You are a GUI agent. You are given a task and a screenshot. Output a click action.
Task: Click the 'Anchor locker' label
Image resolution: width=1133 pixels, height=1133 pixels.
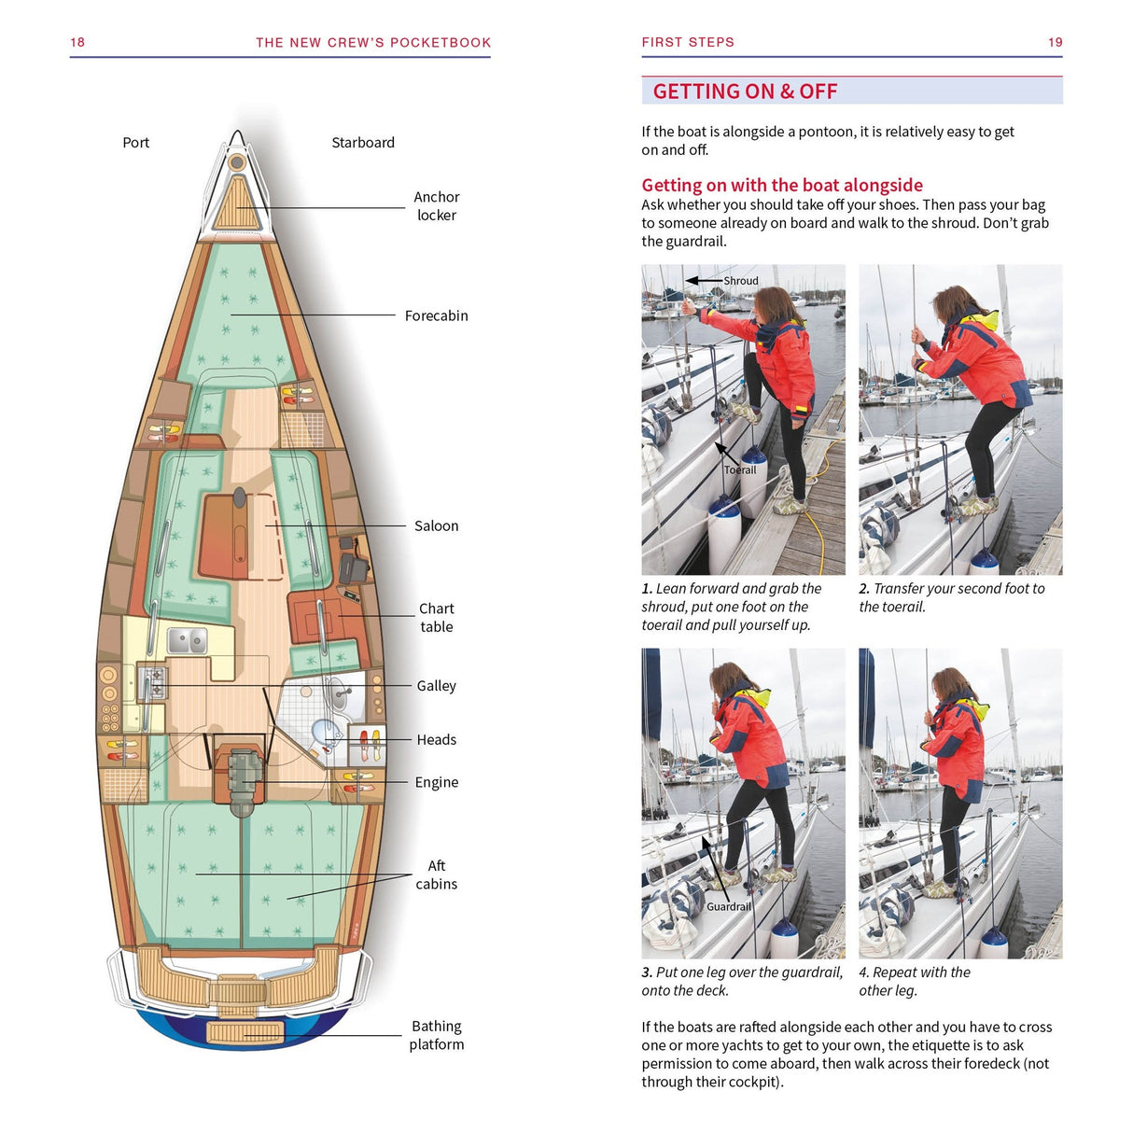click(436, 206)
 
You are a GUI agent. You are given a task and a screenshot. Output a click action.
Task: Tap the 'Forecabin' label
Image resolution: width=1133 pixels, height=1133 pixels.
click(436, 316)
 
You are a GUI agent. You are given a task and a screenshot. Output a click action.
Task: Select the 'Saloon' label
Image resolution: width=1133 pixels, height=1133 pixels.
click(436, 526)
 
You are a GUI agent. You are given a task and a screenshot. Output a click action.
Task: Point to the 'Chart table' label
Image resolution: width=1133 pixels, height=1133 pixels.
click(436, 618)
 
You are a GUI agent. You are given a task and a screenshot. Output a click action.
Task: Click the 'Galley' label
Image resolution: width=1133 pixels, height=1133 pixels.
click(436, 686)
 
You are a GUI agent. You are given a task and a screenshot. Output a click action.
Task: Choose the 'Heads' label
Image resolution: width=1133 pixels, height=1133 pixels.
click(436, 740)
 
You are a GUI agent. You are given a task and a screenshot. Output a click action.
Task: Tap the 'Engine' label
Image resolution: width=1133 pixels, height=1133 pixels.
click(436, 783)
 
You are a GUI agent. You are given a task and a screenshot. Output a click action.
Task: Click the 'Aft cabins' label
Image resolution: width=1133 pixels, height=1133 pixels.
click(436, 875)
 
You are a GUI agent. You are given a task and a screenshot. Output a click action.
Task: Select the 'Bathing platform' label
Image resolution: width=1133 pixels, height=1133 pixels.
click(436, 1036)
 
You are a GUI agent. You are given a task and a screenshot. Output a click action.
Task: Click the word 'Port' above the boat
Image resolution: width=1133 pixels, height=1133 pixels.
click(135, 143)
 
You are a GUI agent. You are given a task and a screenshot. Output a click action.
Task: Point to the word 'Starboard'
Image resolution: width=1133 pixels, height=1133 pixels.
click(363, 143)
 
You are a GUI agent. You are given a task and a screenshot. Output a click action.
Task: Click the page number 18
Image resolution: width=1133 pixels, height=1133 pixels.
click(77, 43)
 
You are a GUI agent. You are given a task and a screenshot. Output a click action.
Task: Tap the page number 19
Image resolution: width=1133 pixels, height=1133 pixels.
click(1055, 43)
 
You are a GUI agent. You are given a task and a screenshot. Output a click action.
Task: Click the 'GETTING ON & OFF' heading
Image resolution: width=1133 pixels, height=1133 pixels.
click(745, 91)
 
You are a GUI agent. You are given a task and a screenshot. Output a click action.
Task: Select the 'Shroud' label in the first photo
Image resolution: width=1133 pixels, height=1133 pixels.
click(741, 281)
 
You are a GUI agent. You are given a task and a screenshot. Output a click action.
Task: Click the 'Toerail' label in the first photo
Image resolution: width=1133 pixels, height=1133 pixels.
click(740, 470)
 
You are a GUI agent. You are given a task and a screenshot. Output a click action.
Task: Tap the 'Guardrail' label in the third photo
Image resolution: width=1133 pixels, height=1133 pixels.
click(728, 907)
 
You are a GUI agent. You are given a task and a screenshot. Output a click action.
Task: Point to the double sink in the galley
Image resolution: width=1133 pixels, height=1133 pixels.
click(188, 640)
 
